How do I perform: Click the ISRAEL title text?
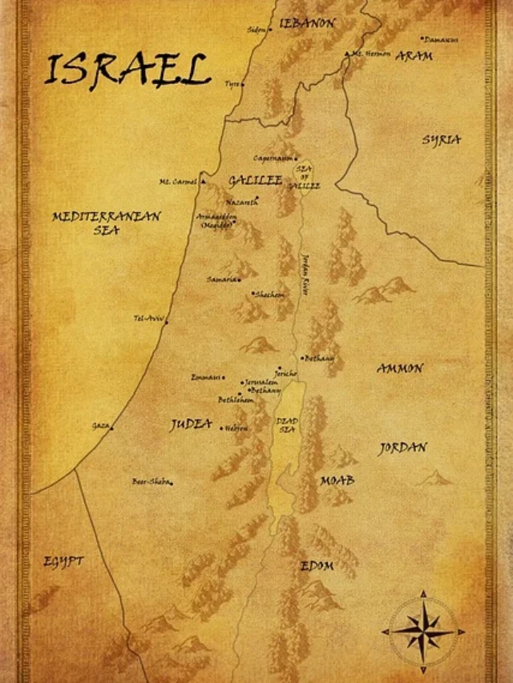127,70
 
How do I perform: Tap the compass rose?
422,629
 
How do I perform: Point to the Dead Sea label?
287,424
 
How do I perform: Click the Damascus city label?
442,38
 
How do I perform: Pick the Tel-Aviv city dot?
166,320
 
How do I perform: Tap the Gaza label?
100,425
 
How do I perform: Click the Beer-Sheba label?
151,481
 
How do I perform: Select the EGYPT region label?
63,561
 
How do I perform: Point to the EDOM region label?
317,566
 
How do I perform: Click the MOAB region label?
337,480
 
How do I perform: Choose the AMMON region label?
399,368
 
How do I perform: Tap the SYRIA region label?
442,139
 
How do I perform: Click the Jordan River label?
305,276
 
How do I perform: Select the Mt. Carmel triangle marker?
203,181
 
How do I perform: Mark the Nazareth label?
241,203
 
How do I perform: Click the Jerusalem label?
262,383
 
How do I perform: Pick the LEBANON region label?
307,23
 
